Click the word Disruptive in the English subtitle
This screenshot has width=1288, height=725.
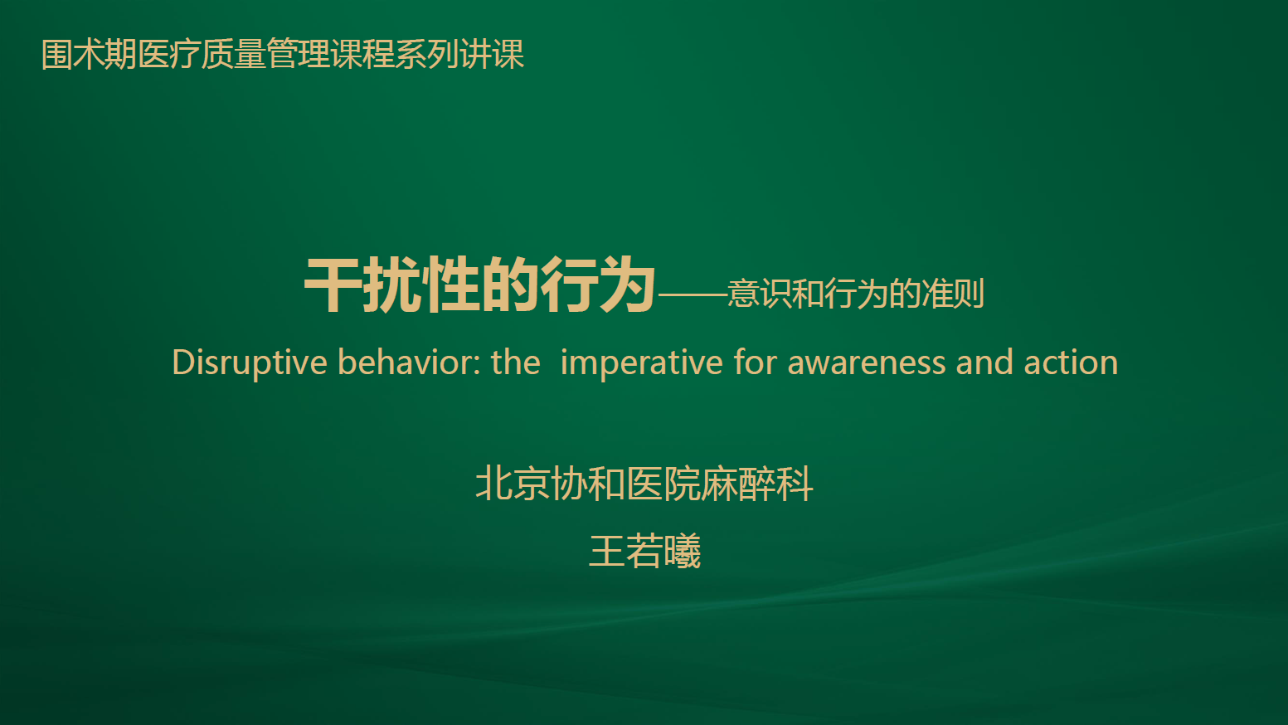point(250,362)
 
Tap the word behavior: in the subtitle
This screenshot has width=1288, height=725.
point(409,362)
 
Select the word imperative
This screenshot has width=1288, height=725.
point(641,362)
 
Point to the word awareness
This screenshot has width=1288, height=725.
point(866,362)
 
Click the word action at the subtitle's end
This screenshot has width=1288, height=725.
point(1071,362)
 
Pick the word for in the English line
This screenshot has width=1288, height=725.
point(755,362)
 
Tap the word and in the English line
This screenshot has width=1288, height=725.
point(984,362)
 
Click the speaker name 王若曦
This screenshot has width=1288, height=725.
point(644,552)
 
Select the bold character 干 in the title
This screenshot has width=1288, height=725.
point(333,285)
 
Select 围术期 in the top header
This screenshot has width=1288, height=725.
point(89,55)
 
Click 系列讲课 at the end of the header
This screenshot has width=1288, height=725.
point(460,55)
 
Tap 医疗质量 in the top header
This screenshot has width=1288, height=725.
point(202,55)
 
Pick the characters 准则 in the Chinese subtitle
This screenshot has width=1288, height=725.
point(953,294)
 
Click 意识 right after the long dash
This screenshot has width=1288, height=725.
point(759,294)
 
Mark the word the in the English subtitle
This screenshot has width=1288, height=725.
point(516,362)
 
